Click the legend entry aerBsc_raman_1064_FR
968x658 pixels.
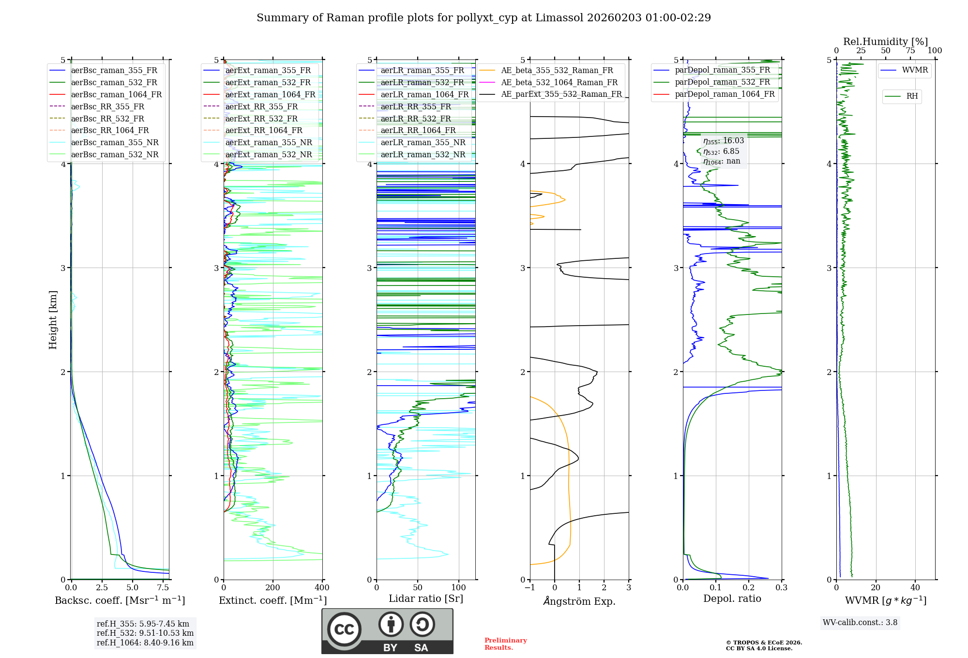(116, 94)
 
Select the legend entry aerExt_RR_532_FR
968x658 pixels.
(261, 119)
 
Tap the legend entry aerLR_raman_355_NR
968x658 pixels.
(423, 142)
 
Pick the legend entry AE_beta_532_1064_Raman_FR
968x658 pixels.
(559, 82)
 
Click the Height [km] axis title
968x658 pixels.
(53, 320)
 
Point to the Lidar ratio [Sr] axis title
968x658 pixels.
(425, 598)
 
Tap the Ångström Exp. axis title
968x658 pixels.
(579, 601)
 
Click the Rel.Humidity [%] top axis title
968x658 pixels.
(885, 42)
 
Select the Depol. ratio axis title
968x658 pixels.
(732, 598)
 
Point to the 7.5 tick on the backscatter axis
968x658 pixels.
(163, 587)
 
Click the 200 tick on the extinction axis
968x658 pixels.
(272, 587)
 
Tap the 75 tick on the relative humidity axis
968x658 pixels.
(910, 50)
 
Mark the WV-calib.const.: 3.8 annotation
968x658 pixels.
(860, 622)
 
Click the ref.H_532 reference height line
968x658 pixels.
(145, 633)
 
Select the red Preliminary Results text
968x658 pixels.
(505, 643)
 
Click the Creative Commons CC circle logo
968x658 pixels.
(344, 629)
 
